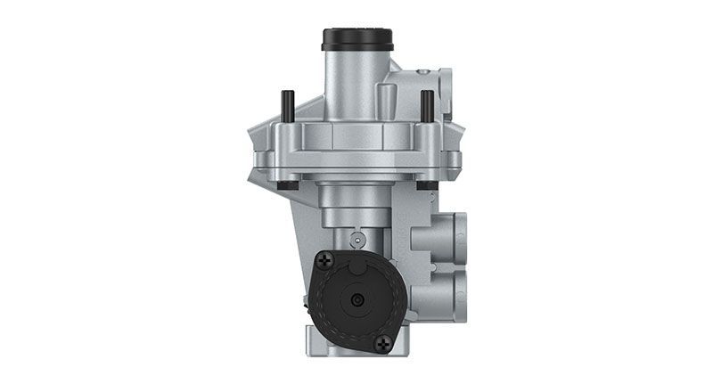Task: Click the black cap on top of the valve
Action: click(356, 40)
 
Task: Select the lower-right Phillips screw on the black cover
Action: click(384, 342)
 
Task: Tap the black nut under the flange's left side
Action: click(284, 185)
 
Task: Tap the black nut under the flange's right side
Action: click(427, 185)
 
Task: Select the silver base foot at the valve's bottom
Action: click(356, 361)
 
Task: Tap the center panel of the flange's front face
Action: click(356, 138)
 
